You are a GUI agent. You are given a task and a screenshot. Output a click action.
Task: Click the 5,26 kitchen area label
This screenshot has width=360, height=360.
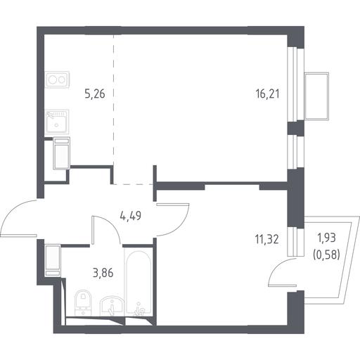[x=95, y=94]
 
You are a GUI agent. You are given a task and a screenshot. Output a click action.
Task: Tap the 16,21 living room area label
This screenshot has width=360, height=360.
[x=268, y=94]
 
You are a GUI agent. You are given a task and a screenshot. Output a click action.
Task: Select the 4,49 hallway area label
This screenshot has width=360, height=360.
[x=131, y=216]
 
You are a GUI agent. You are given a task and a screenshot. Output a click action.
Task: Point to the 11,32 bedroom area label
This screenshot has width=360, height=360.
[x=267, y=240]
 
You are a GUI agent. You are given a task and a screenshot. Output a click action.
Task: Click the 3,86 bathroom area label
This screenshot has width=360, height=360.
[x=103, y=273]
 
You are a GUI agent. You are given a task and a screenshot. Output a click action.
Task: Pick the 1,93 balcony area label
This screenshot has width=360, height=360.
[x=326, y=238]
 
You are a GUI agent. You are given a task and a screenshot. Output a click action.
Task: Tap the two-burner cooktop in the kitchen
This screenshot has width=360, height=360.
[x=57, y=79]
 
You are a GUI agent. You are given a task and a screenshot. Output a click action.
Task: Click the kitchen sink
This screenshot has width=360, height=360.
[x=57, y=121]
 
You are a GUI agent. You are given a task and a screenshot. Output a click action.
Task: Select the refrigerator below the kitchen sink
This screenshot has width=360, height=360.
[x=61, y=153]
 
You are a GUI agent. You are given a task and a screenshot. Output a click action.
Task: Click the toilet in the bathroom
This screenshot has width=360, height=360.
[x=82, y=303]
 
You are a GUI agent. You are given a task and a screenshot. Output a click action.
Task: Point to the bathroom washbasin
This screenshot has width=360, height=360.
[x=112, y=306]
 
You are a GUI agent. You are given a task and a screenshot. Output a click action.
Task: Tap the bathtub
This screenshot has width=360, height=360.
[x=139, y=283]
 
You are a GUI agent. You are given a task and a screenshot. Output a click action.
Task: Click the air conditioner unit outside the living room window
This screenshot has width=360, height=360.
[x=316, y=96]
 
